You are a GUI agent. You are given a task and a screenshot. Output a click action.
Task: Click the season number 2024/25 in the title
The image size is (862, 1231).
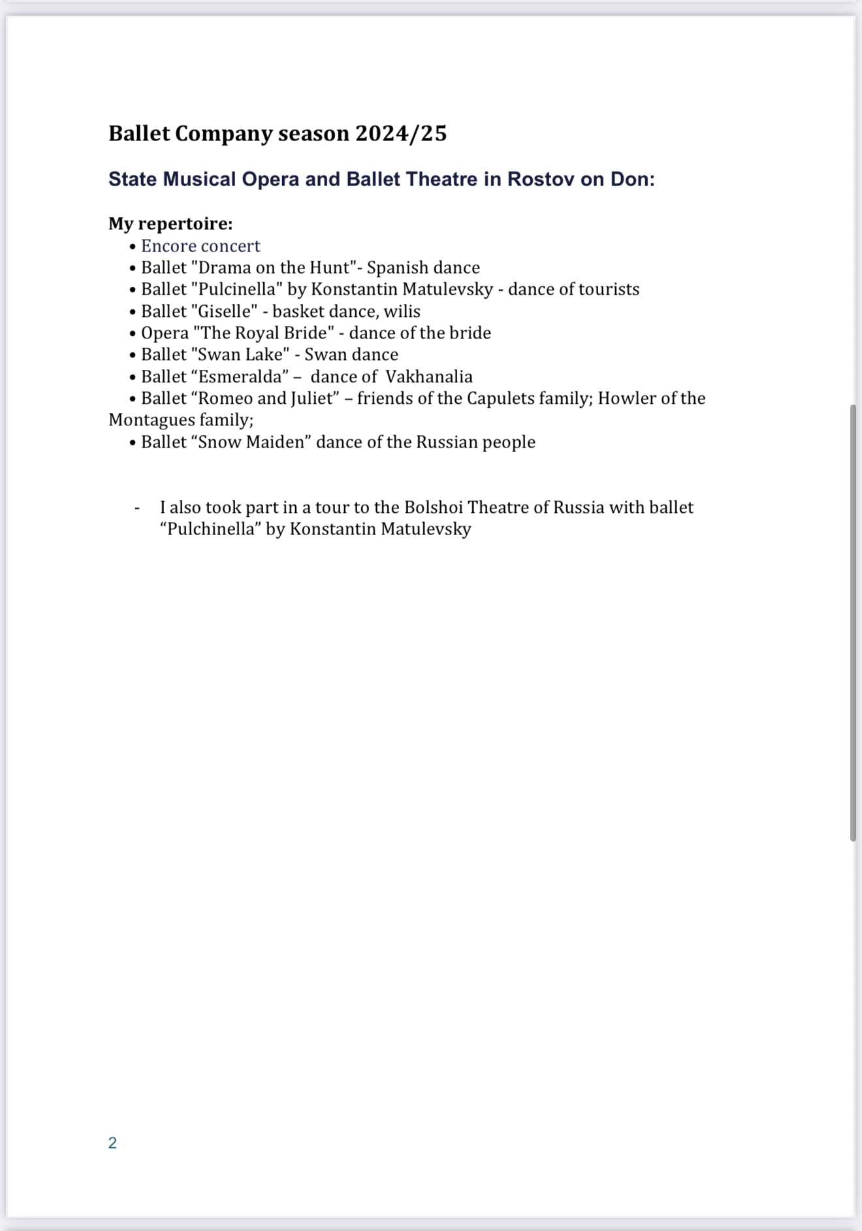click(401, 133)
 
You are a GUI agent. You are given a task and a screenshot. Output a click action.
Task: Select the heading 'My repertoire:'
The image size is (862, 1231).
click(170, 223)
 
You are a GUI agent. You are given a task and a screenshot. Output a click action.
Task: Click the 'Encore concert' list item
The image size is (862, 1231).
click(200, 246)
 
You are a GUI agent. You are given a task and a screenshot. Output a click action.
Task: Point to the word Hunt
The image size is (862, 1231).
click(330, 267)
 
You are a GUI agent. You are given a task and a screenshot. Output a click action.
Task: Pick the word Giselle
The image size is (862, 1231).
click(224, 311)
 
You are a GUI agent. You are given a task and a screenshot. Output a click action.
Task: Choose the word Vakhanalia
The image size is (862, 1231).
click(429, 376)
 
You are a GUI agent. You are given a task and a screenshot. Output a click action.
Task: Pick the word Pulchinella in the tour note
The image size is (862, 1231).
click(213, 529)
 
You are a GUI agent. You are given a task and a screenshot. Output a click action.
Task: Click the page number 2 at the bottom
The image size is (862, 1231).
click(112, 1143)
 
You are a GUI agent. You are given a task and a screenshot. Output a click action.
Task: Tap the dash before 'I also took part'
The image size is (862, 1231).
click(137, 508)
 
